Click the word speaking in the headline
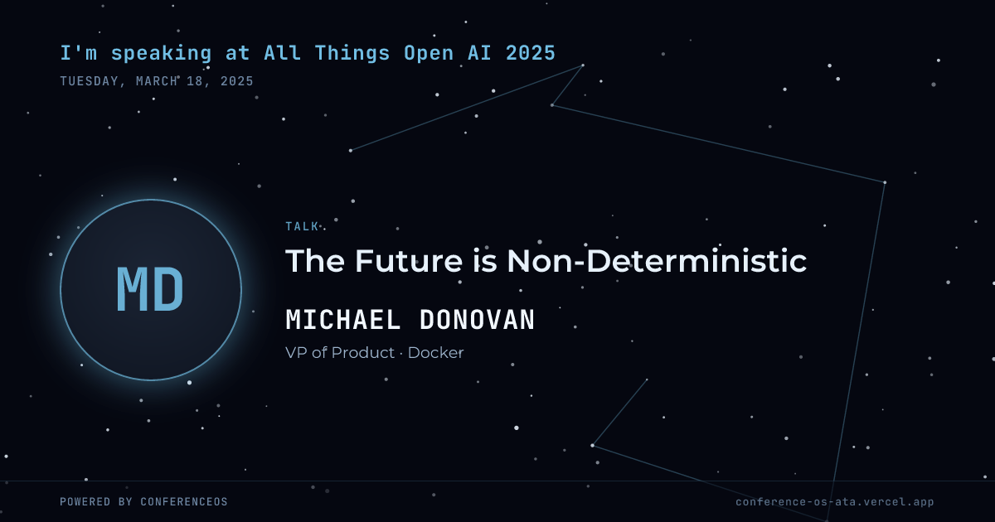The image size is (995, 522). click(161, 53)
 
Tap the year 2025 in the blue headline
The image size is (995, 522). click(531, 53)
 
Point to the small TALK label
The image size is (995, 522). click(302, 227)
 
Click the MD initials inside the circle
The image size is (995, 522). click(150, 289)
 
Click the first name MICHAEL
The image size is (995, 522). click(343, 320)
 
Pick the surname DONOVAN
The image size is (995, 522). click(478, 320)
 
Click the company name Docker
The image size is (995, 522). click(436, 353)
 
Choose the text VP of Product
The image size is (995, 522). click(340, 353)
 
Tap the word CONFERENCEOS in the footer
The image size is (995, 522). click(184, 502)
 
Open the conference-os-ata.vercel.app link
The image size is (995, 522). click(835, 502)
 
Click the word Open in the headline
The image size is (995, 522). click(429, 53)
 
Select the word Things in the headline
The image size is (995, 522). click(352, 53)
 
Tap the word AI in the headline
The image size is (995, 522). click(480, 53)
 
